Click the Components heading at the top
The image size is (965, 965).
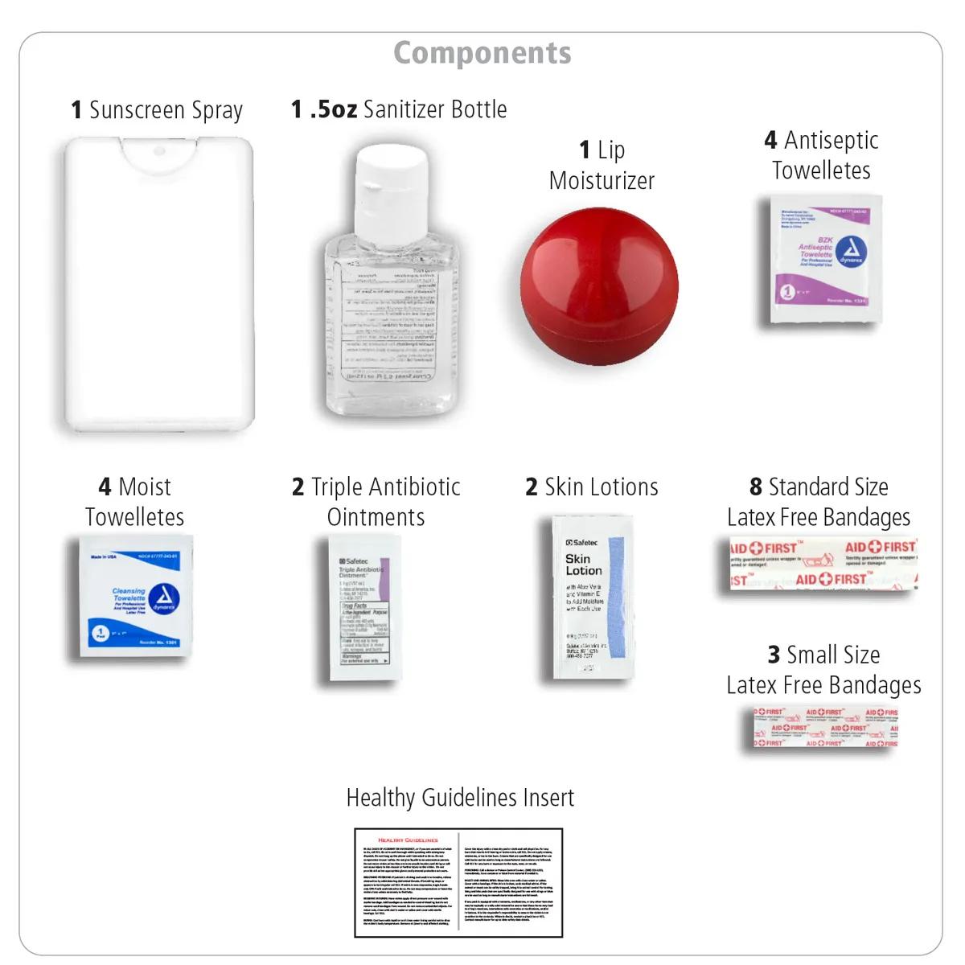(x=482, y=53)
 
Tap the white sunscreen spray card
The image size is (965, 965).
(x=158, y=285)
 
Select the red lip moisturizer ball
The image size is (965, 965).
(x=599, y=285)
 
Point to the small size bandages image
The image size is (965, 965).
(x=825, y=728)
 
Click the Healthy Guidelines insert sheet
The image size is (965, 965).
(x=458, y=882)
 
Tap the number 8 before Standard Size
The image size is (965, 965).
(x=756, y=487)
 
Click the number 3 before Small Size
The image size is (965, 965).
(x=774, y=655)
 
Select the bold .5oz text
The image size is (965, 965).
(x=333, y=109)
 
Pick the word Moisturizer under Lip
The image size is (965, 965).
(x=602, y=181)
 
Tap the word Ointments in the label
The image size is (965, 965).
(x=376, y=517)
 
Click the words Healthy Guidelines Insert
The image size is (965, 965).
(x=460, y=798)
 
